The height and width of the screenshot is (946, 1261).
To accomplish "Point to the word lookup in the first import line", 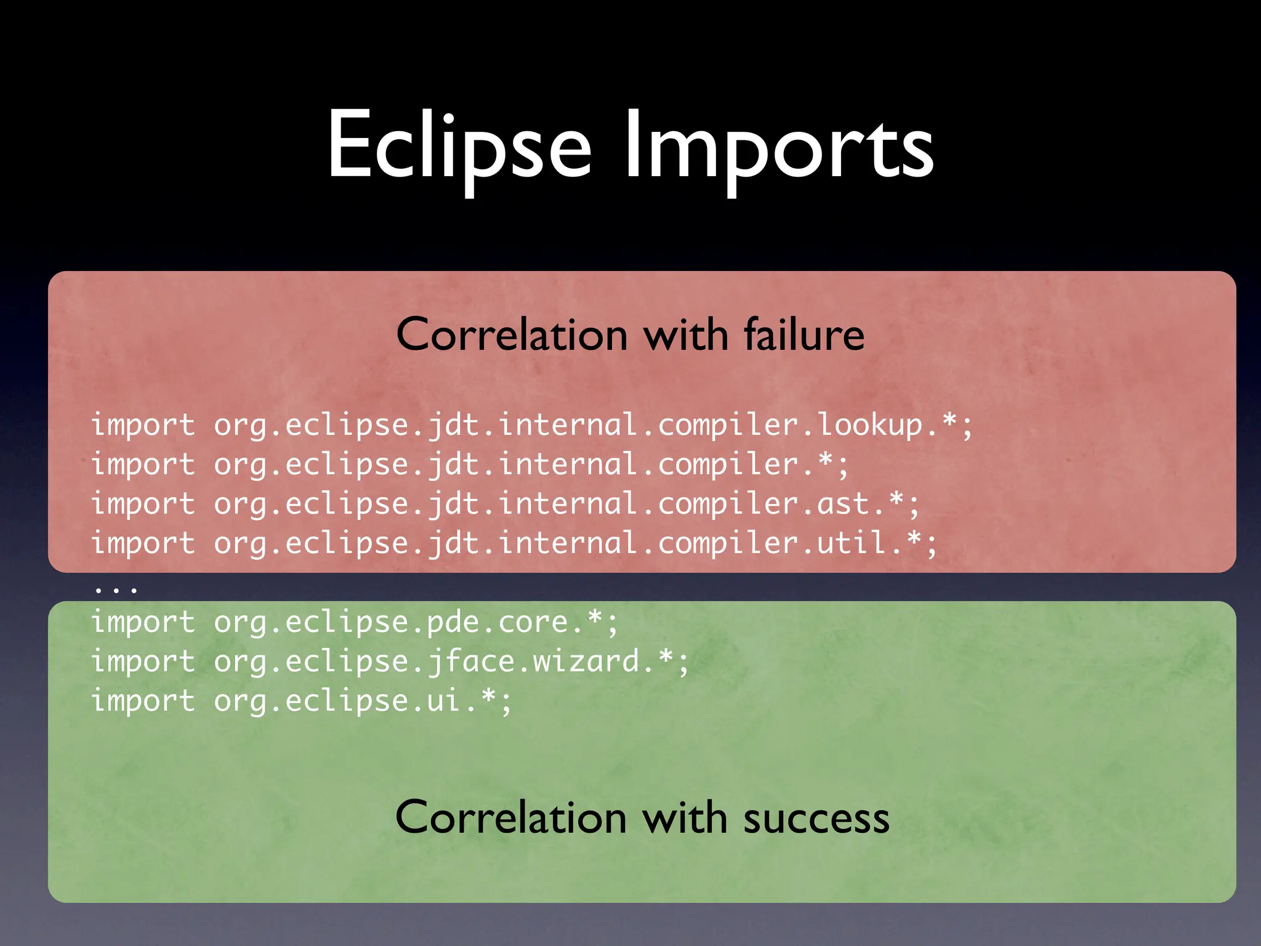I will [870, 426].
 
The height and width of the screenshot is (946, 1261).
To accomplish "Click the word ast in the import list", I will [843, 504].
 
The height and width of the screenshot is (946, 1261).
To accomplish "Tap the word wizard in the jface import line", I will [586, 661].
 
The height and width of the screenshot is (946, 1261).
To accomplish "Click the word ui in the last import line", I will [443, 701].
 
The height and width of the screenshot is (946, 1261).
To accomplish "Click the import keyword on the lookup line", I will [143, 426].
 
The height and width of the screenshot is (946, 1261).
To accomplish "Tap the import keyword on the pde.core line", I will [143, 622].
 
